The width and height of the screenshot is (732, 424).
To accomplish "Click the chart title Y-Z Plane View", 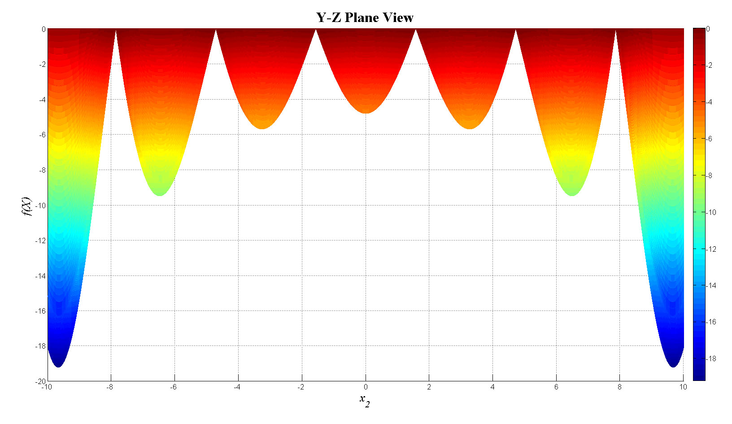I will click(x=365, y=17).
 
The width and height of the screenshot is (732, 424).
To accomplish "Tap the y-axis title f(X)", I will click(x=27, y=206).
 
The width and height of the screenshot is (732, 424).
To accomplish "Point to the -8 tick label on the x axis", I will click(x=109, y=387).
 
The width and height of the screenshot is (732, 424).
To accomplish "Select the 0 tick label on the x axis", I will click(x=366, y=387).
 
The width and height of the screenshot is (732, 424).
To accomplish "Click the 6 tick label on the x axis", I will click(x=556, y=387).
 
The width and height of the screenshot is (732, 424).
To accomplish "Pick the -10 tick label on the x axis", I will click(x=46, y=387).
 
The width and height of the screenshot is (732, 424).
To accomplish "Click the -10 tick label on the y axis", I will click(x=40, y=205).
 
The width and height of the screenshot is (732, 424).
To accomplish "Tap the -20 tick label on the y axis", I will click(x=40, y=381).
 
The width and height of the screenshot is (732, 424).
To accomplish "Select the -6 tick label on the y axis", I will click(x=42, y=135).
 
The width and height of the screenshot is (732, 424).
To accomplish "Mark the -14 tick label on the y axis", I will click(x=40, y=276).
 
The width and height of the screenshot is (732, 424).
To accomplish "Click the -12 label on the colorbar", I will click(x=711, y=249).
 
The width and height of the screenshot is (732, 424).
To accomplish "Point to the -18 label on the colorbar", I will click(x=711, y=359).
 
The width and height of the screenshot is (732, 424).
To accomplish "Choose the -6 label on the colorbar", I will click(x=710, y=139).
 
